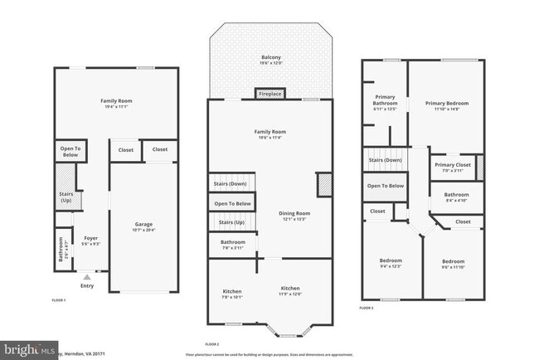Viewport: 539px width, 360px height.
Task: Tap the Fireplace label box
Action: (x=270, y=94)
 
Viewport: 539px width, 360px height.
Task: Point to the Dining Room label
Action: (x=294, y=216)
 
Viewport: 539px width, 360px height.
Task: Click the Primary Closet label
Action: (x=453, y=167)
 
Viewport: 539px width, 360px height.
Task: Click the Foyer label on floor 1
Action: (x=91, y=241)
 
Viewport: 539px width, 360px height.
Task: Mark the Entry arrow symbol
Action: (x=86, y=277)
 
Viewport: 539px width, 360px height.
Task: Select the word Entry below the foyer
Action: (x=87, y=286)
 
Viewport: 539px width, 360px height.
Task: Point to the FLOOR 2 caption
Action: (x=211, y=343)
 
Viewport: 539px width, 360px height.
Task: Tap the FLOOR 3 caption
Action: (x=367, y=308)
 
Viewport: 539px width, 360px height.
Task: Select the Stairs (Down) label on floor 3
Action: (x=386, y=159)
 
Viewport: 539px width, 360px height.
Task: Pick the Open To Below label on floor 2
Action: (x=232, y=203)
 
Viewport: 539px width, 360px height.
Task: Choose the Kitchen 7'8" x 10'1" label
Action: (x=231, y=294)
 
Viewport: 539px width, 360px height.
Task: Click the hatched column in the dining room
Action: (x=325, y=184)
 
